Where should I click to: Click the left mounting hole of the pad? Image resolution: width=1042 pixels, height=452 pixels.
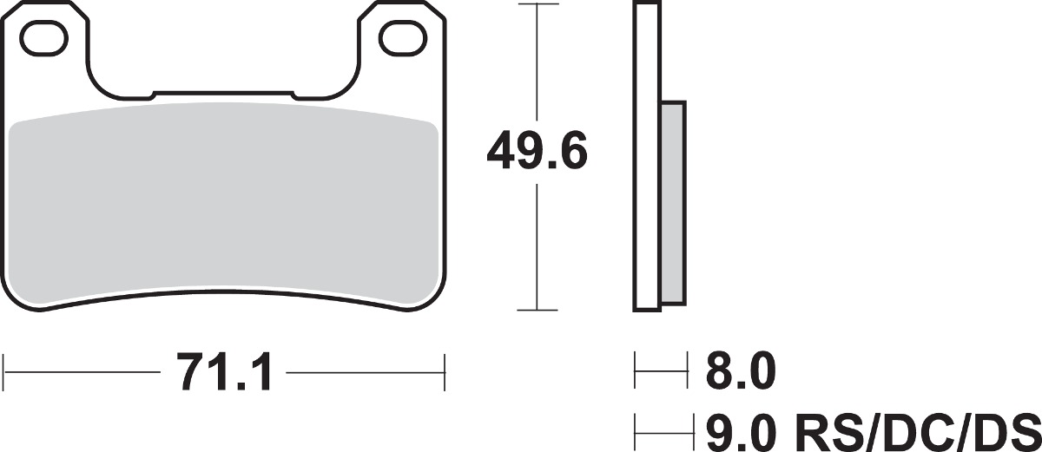coord(43,38)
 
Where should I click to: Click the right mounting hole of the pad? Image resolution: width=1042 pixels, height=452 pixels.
coord(403,38)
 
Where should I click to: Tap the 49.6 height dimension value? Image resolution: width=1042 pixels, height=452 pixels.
coord(537,150)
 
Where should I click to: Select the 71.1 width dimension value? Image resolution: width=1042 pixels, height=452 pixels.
coord(224,372)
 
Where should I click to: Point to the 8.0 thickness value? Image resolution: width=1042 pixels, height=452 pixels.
coord(741,371)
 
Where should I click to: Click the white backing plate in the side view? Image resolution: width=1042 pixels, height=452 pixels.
coord(647,156)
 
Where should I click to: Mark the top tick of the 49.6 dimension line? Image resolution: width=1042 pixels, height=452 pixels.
coord(537,3)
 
